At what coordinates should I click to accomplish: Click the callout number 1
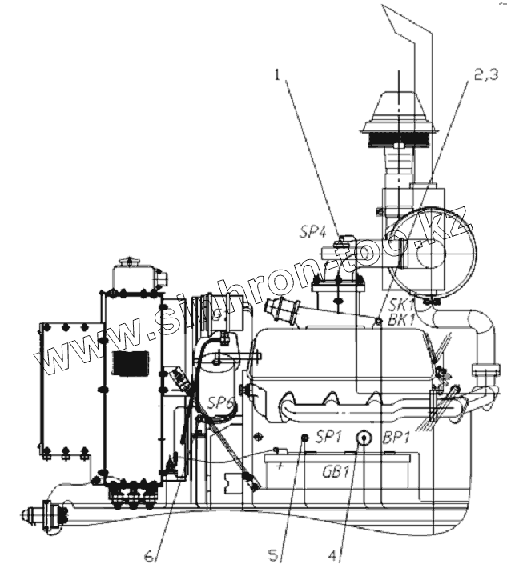276,75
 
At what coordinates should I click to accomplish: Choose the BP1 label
398,437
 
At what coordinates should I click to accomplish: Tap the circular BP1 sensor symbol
363,437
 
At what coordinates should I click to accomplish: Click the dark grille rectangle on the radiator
129,362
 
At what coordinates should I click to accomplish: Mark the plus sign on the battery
280,462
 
